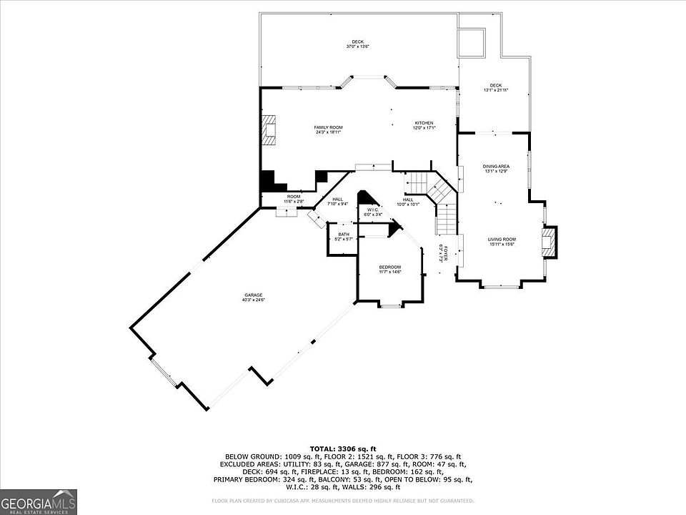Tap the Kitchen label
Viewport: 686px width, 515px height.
pyautogui.click(x=424, y=125)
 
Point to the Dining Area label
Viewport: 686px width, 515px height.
pyautogui.click(x=496, y=168)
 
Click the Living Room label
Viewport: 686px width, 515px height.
pyautogui.click(x=502, y=242)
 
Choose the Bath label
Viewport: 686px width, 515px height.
pyautogui.click(x=344, y=236)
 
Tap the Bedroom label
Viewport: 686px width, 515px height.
pyautogui.click(x=389, y=269)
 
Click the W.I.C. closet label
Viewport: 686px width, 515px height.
pyautogui.click(x=372, y=212)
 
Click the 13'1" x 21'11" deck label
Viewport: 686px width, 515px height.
pyautogui.click(x=495, y=88)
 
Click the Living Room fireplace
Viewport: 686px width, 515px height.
pyautogui.click(x=548, y=241)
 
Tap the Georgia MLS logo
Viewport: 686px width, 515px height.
pyautogui.click(x=39, y=501)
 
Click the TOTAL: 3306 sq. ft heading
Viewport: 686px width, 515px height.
pyautogui.click(x=343, y=448)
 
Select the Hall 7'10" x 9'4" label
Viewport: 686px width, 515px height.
pyautogui.click(x=337, y=202)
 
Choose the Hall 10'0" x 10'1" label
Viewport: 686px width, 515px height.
pyautogui.click(x=408, y=202)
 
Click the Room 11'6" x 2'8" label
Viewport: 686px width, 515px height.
pyautogui.click(x=294, y=199)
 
